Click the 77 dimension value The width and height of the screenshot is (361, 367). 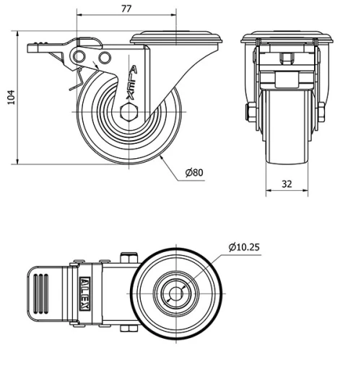[126, 9]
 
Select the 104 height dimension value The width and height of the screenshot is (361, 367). [12, 98]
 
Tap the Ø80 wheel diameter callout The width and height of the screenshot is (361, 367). [194, 173]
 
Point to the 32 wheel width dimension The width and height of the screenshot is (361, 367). [287, 184]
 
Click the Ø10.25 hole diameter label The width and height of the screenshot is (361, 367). [244, 247]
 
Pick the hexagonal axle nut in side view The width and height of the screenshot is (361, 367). [129, 112]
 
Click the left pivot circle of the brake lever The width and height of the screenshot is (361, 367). [79, 57]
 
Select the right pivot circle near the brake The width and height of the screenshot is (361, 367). [105, 58]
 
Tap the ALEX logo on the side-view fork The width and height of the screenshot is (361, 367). [131, 82]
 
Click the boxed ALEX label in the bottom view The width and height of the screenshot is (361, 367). [84, 293]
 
